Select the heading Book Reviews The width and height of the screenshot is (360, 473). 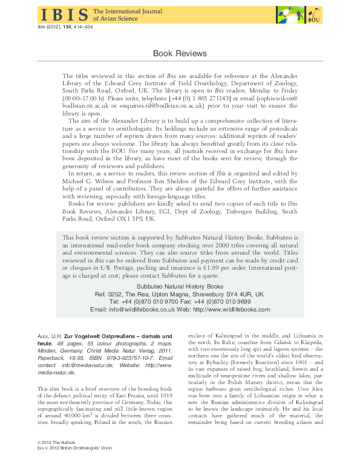pos(180,54)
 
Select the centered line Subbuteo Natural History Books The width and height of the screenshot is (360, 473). pos(180,285)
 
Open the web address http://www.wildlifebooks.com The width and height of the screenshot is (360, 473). pos(232,309)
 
